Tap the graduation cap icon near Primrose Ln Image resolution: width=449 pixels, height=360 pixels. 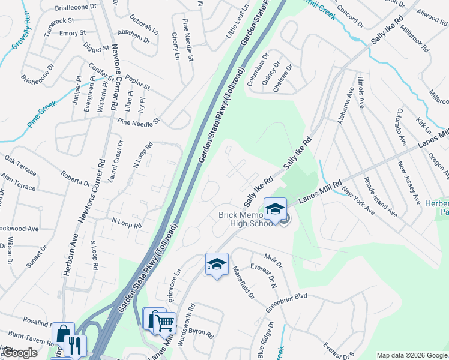tap(217, 264)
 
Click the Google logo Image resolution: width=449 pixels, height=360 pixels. tap(20, 353)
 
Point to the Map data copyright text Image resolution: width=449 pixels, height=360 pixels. tap(411, 355)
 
